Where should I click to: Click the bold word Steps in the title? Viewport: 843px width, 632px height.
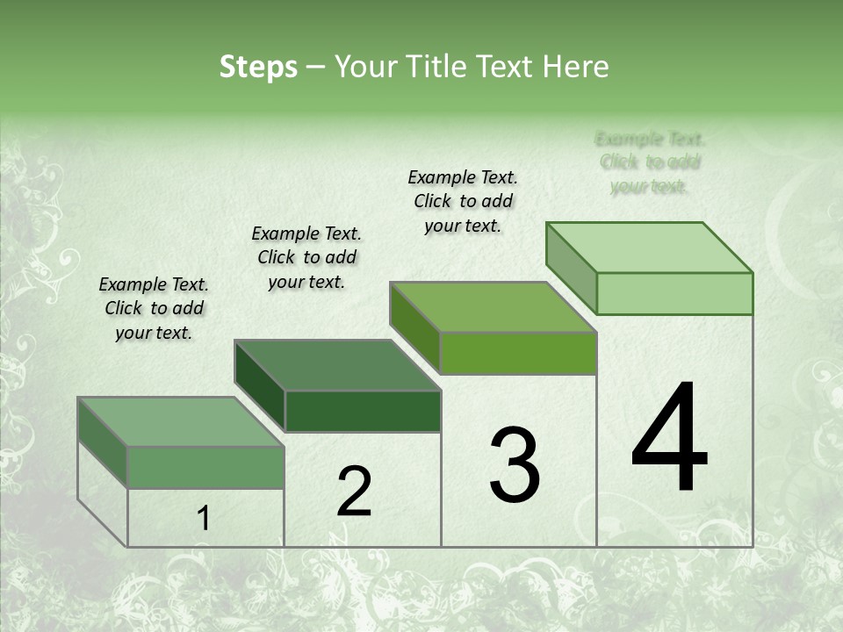tap(258, 67)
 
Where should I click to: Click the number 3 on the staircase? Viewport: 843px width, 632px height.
tap(514, 465)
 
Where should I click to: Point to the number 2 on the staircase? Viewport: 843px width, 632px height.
tap(354, 492)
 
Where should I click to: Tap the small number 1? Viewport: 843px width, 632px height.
tap(203, 519)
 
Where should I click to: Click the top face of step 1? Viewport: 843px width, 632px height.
tap(180, 421)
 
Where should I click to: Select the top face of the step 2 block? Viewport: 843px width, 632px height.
tap(337, 364)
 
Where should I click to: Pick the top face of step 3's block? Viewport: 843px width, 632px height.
tap(493, 307)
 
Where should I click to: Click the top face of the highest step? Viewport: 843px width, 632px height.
tap(649, 248)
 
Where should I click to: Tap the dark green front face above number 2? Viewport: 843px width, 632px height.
tap(363, 411)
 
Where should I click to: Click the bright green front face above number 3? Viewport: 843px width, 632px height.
tap(518, 353)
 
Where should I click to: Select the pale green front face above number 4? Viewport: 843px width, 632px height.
tap(674, 293)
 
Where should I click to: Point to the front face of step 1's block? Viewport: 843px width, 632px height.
tap(206, 467)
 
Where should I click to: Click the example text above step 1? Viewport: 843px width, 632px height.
tap(154, 308)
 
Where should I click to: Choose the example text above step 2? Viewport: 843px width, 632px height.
tap(306, 257)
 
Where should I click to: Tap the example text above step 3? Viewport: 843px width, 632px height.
tap(463, 201)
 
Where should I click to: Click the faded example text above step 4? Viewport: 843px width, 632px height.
tap(650, 162)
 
